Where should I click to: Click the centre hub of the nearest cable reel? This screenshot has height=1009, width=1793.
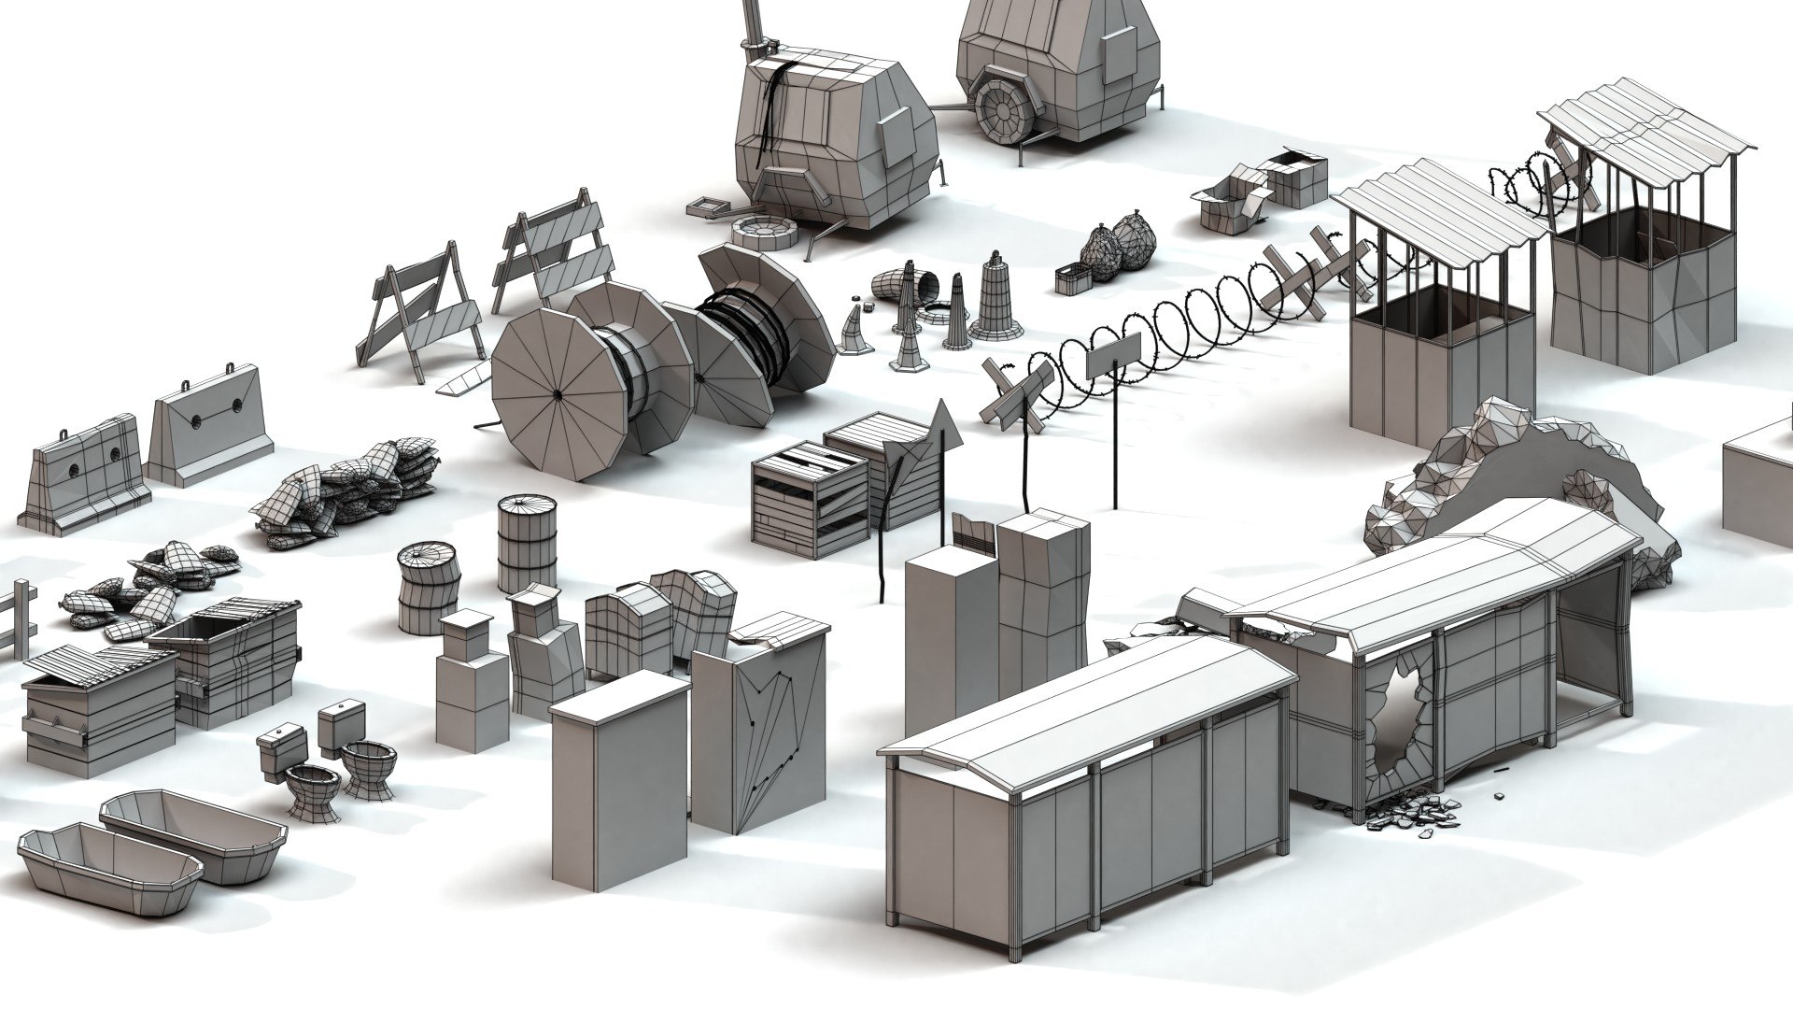[558, 393]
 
